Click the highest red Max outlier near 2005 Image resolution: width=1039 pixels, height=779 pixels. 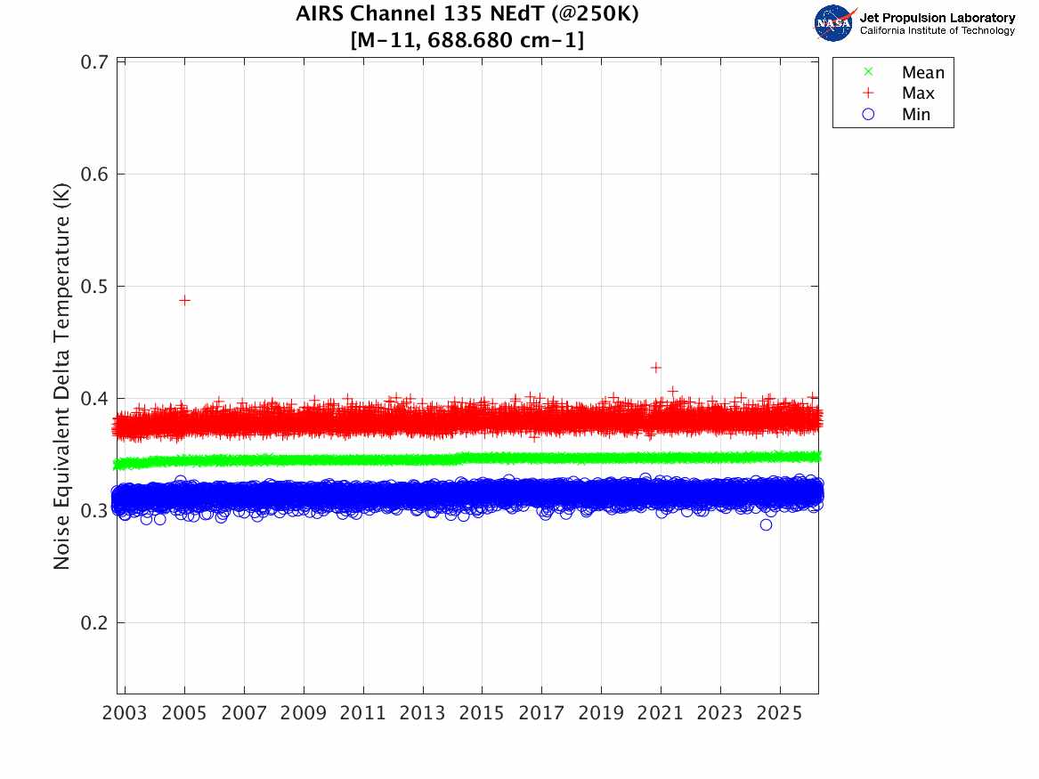184,300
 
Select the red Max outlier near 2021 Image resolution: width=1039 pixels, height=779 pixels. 656,367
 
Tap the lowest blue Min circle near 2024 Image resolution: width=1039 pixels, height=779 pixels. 766,524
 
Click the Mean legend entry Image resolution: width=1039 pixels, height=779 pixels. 922,73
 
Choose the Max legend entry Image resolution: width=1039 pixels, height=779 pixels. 917,93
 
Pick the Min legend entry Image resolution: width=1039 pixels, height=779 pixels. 915,115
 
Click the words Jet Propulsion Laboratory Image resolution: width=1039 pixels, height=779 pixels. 937,17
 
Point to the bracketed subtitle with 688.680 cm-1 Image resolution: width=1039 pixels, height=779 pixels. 467,40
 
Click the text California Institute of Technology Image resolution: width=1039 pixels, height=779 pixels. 937,31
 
